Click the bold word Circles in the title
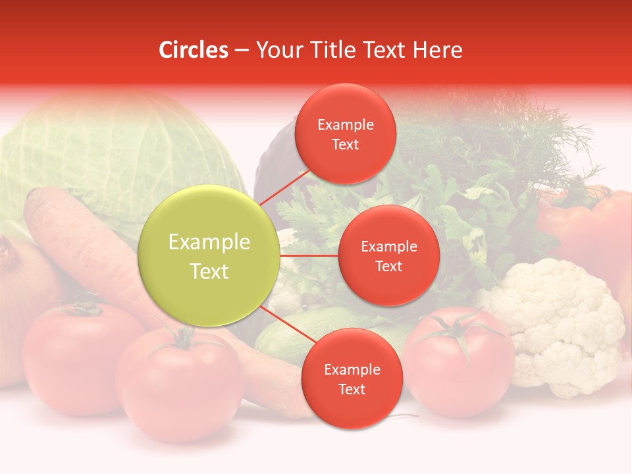(193, 50)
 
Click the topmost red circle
(346, 134)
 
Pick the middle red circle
(388, 255)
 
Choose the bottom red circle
(352, 379)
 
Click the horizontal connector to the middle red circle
(309, 255)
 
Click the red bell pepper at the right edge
(592, 224)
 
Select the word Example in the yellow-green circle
(209, 242)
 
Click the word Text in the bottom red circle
(352, 389)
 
